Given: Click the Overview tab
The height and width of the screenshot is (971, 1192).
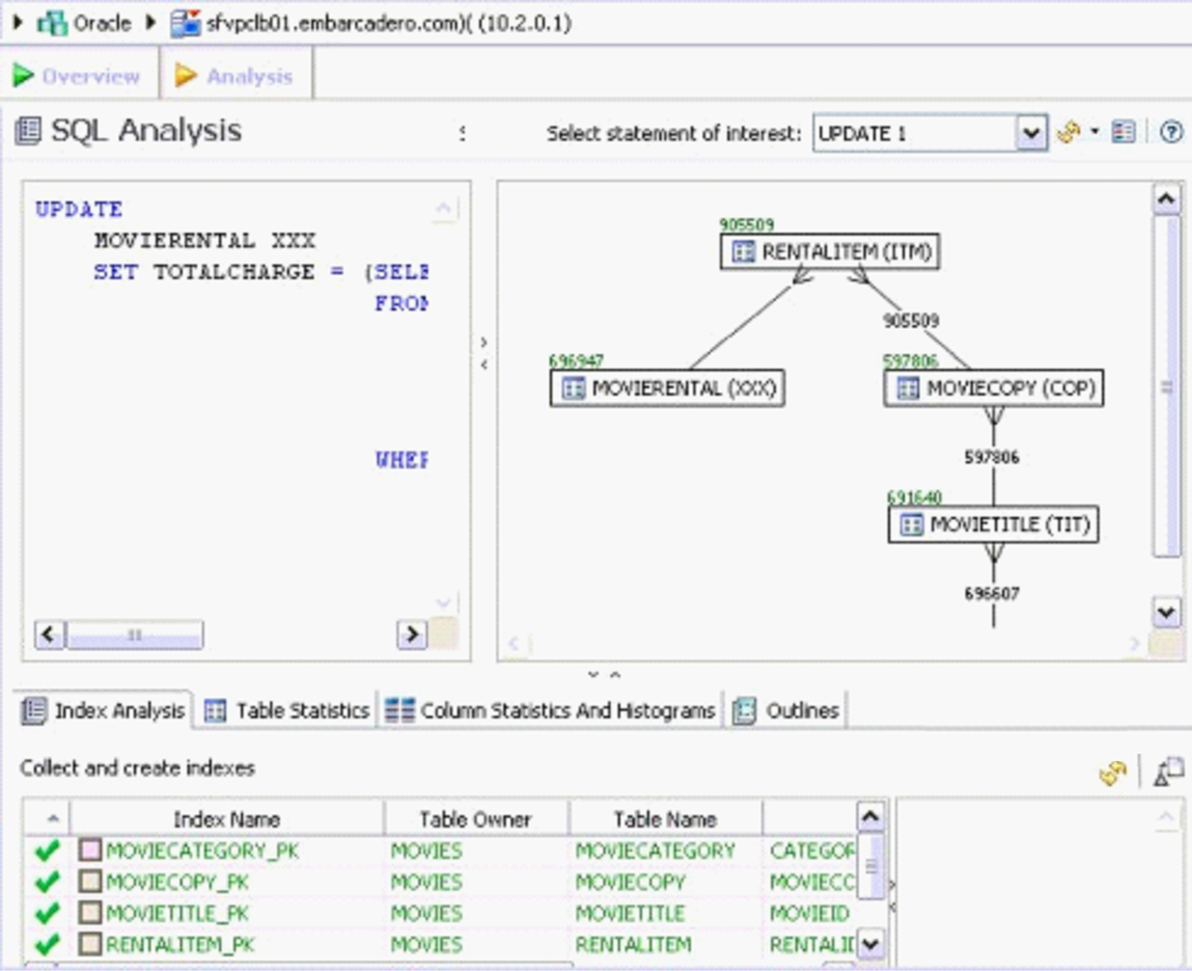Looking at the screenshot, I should coord(77,76).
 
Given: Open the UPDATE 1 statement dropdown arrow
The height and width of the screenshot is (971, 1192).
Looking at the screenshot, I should coord(1031,133).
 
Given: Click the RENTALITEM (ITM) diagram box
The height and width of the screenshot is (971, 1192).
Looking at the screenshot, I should coord(830,251).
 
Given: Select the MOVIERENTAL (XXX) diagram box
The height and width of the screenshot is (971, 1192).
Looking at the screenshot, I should coord(668,388).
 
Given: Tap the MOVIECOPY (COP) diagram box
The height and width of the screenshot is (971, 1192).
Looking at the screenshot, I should coord(994,388).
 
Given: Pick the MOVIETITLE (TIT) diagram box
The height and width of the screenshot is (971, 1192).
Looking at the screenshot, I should coord(994,525).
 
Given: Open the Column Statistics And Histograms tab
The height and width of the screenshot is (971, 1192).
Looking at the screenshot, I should coord(551,711).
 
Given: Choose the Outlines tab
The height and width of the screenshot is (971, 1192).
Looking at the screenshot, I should coord(787,711).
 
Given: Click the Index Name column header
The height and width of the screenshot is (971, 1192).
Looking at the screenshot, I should coord(226,819).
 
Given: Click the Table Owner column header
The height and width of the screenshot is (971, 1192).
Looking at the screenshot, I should coord(476,819).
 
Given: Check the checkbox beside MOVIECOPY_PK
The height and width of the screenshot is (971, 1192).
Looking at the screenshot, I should coord(90,882).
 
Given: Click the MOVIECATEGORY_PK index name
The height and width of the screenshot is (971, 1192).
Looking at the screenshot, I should coord(202,851).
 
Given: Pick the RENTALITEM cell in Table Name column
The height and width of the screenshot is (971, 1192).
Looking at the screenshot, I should coord(633,944).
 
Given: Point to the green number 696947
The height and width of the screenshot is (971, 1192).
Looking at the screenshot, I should coord(576,360).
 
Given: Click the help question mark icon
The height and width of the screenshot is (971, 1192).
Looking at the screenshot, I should coord(1171,132).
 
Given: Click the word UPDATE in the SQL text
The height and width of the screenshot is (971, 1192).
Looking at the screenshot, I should coord(79,209).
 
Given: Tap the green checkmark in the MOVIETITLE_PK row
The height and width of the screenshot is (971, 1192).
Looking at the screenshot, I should coord(47,913).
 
